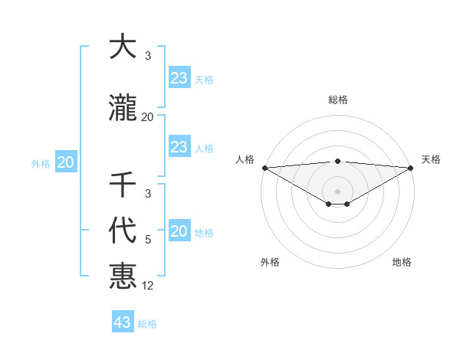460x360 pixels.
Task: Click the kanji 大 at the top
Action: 123,47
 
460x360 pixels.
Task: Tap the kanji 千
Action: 123,184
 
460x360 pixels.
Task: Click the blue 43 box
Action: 123,322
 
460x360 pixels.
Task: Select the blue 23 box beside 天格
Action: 179,77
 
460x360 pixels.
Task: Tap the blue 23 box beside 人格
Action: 179,147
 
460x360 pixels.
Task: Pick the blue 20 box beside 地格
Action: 179,232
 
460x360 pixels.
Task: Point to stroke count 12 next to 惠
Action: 148,286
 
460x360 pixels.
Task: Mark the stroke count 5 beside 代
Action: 148,240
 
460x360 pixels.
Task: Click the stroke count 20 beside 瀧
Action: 148,117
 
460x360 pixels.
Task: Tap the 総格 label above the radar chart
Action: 337,100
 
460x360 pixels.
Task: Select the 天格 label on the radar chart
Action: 431,159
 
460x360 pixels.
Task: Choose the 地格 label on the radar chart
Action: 402,262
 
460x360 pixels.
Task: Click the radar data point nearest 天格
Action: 411,168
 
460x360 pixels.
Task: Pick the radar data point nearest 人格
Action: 264,168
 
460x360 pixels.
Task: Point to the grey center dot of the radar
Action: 337,191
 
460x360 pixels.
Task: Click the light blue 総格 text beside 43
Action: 147,324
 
